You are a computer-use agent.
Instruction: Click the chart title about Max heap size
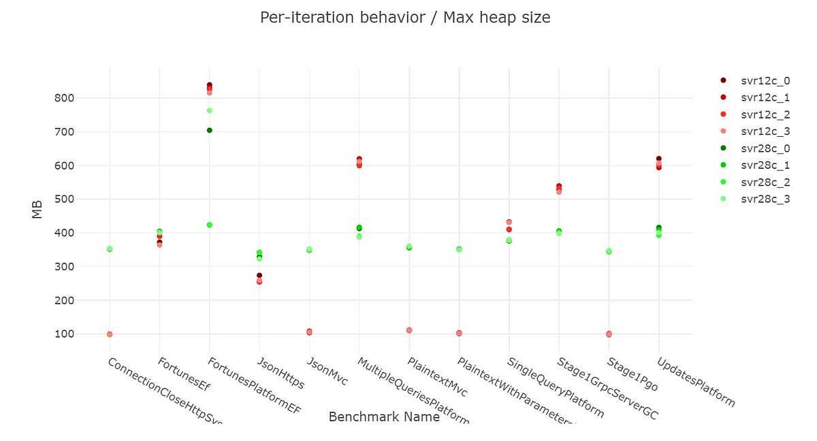(x=405, y=18)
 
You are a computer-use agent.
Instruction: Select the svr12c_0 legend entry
(x=765, y=81)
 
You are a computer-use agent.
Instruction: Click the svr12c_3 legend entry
(x=765, y=131)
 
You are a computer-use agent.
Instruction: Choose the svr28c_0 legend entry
(x=765, y=148)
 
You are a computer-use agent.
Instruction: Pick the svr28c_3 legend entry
(x=765, y=199)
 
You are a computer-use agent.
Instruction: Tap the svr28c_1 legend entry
(x=765, y=165)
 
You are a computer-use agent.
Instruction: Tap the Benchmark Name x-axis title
(x=384, y=417)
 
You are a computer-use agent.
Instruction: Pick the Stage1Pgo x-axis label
(x=632, y=374)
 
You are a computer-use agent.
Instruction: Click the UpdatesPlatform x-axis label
(x=696, y=382)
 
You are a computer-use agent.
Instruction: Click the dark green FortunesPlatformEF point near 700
(x=210, y=130)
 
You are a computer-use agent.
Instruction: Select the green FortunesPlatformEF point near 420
(x=210, y=225)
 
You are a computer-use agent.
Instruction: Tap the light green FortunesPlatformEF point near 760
(x=210, y=110)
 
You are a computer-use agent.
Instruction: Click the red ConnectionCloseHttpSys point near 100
(x=110, y=334)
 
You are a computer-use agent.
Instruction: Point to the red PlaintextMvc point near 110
(x=409, y=330)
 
